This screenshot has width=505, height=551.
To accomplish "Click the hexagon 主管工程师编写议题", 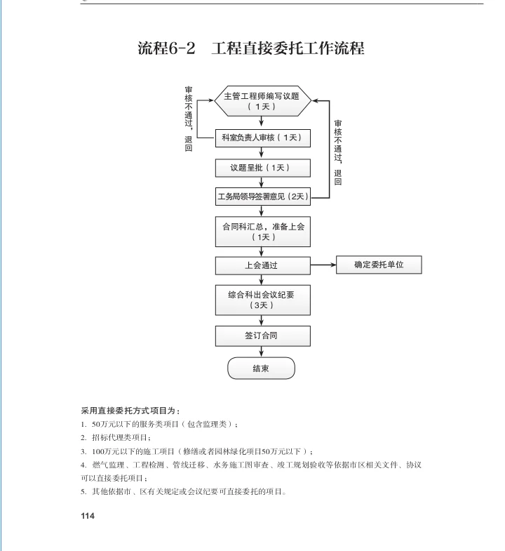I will click(x=262, y=101).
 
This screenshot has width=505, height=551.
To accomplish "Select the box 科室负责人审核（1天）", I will click(x=261, y=138).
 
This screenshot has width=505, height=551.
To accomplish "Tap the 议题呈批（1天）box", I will click(x=261, y=168).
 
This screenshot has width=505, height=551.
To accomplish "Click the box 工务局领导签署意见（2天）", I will click(x=262, y=197).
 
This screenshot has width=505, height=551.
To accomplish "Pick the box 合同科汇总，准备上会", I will click(x=262, y=232).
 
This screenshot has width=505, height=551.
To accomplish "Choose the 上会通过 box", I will click(x=261, y=266).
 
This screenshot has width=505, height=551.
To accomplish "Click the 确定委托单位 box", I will click(x=379, y=265).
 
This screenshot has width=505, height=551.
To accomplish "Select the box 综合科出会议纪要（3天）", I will click(x=262, y=300).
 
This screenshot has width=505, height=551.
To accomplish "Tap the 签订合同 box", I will click(x=261, y=336).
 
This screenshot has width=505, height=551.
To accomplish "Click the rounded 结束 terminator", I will click(x=261, y=369).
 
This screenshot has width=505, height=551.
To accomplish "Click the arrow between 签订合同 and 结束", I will click(x=261, y=351).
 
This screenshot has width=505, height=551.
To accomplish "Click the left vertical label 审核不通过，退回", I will click(x=189, y=119).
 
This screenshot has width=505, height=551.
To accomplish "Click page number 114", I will click(x=87, y=516).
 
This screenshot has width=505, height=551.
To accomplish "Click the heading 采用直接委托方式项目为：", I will click(x=130, y=410).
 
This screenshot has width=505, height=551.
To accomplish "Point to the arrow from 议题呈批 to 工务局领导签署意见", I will click(x=261, y=182).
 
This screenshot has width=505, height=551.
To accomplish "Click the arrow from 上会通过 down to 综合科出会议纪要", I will click(x=261, y=279).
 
